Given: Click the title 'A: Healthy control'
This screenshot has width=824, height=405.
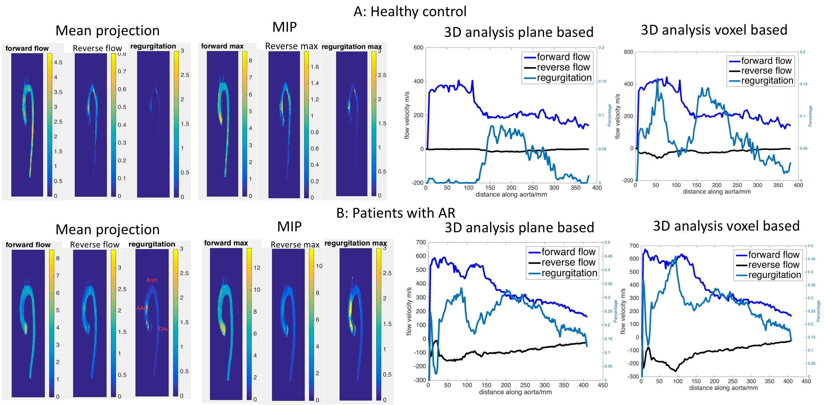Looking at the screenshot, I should pyautogui.click(x=410, y=12).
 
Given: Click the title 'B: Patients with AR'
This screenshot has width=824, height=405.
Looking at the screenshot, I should pyautogui.click(x=396, y=213).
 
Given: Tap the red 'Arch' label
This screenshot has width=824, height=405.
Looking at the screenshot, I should pyautogui.click(x=152, y=280).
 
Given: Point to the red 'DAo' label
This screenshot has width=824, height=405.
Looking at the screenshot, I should pyautogui.click(x=164, y=329).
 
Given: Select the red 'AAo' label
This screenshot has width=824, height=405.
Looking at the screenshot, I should pyautogui.click(x=142, y=308).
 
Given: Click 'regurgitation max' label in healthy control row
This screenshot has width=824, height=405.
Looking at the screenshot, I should pyautogui.click(x=352, y=47).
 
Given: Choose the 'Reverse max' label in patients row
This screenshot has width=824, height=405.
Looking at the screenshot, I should pyautogui.click(x=295, y=245).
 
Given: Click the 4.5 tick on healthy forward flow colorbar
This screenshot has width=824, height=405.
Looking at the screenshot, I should pyautogui.click(x=58, y=62).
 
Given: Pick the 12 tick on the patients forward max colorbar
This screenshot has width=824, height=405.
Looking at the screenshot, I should pyautogui.click(x=257, y=268).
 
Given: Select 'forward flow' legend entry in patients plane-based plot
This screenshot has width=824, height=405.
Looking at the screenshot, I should pyautogui.click(x=568, y=252).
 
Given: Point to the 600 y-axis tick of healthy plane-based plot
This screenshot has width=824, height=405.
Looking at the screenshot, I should pyautogui.click(x=418, y=48).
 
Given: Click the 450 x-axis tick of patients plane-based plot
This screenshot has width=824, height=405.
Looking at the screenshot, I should pyautogui.click(x=603, y=385).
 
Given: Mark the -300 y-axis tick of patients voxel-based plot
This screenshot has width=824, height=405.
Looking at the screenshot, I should pyautogui.click(x=633, y=377).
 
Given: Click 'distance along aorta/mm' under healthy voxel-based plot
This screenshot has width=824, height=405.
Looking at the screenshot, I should pyautogui.click(x=716, y=192).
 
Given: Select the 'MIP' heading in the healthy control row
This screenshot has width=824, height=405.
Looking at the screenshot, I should pyautogui.click(x=284, y=27).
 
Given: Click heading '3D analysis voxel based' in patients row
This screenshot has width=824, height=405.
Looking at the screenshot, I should pyautogui.click(x=726, y=226).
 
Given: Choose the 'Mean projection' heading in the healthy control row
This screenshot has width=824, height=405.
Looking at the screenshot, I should pyautogui.click(x=108, y=31).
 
